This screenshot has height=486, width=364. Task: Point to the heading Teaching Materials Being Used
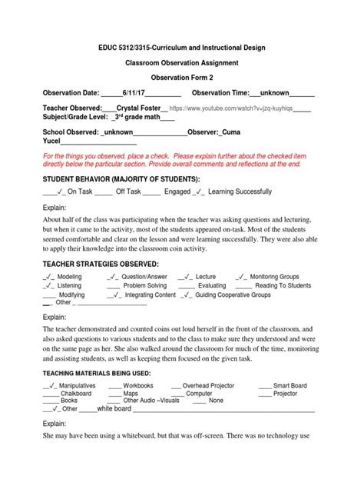coord(94,373)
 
